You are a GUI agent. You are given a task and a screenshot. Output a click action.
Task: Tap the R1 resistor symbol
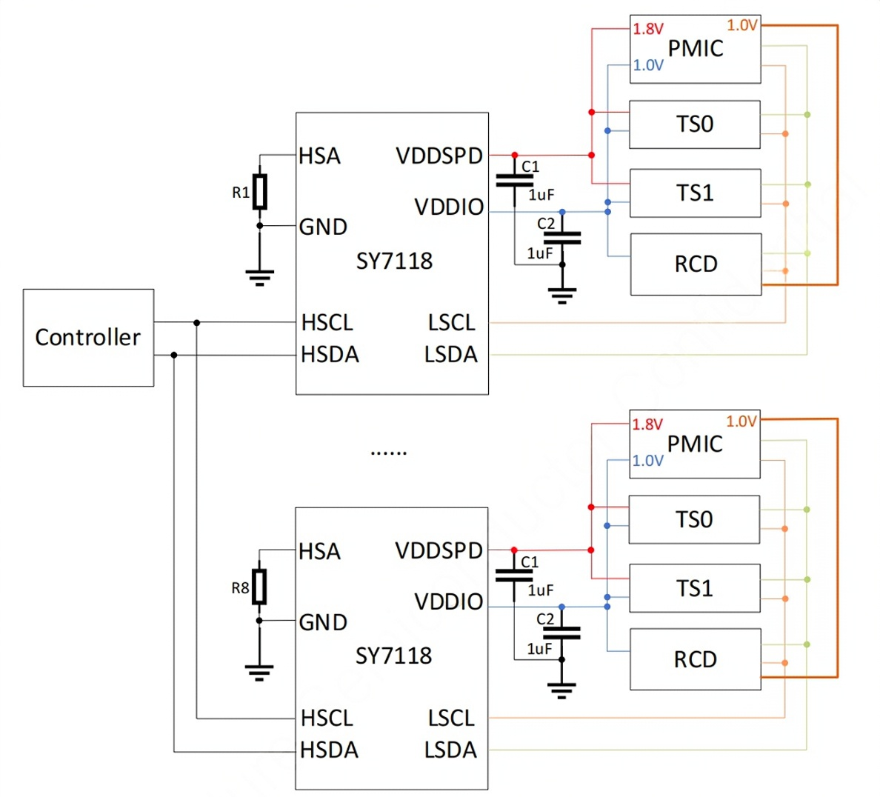(x=259, y=192)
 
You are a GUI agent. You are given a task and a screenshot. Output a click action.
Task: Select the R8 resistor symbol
(x=259, y=587)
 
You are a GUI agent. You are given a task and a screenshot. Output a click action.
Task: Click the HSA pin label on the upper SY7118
(x=319, y=156)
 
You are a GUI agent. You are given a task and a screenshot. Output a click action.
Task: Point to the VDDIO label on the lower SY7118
(x=449, y=601)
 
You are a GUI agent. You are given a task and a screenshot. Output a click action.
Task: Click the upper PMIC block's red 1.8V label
(x=648, y=29)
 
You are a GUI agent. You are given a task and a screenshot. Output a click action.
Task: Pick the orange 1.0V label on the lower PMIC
(x=741, y=421)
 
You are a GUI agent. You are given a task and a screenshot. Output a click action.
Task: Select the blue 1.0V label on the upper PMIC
(x=648, y=65)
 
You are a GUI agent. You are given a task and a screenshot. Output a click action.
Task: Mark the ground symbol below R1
(x=259, y=278)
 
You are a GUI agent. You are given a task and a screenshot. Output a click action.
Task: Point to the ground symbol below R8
(x=259, y=673)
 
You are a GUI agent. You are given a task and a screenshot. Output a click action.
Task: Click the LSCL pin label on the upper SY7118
(x=452, y=323)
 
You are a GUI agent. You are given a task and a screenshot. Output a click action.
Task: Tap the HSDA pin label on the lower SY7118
(x=330, y=750)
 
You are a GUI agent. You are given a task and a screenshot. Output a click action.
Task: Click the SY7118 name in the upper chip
(x=395, y=261)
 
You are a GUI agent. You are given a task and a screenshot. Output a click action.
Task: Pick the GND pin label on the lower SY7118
(x=323, y=622)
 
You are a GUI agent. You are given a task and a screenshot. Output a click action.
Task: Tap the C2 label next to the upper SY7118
(x=545, y=224)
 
